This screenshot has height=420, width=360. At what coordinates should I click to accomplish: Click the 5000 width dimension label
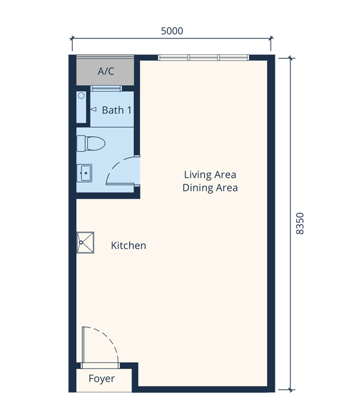172,31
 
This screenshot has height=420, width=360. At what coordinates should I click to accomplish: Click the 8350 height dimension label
300,224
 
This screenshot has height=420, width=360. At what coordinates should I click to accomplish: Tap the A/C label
106,71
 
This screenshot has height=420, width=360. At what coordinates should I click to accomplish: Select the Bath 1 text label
116,110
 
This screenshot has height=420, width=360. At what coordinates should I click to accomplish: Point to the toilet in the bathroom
91,143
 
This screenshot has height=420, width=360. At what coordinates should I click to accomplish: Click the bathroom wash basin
85,173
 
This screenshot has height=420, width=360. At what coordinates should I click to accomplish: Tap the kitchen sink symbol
85,242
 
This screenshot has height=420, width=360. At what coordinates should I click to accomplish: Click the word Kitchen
128,245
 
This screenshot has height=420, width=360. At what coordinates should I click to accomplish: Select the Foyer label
101,379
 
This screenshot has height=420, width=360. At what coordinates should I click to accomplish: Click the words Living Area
210,175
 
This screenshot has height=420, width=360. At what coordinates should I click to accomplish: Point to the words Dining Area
210,188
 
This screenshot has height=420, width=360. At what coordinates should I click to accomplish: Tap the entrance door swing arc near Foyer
106,338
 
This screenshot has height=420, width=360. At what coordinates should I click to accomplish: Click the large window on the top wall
203,58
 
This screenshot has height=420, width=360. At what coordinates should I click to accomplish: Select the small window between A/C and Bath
106,88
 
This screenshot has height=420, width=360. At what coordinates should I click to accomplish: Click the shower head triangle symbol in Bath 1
93,109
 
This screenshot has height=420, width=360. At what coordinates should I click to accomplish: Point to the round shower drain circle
81,95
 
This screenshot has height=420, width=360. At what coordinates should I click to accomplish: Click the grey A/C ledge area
105,70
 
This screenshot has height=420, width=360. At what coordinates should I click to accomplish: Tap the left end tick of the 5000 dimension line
72,38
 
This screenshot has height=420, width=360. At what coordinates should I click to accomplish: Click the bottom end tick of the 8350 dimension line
290,390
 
